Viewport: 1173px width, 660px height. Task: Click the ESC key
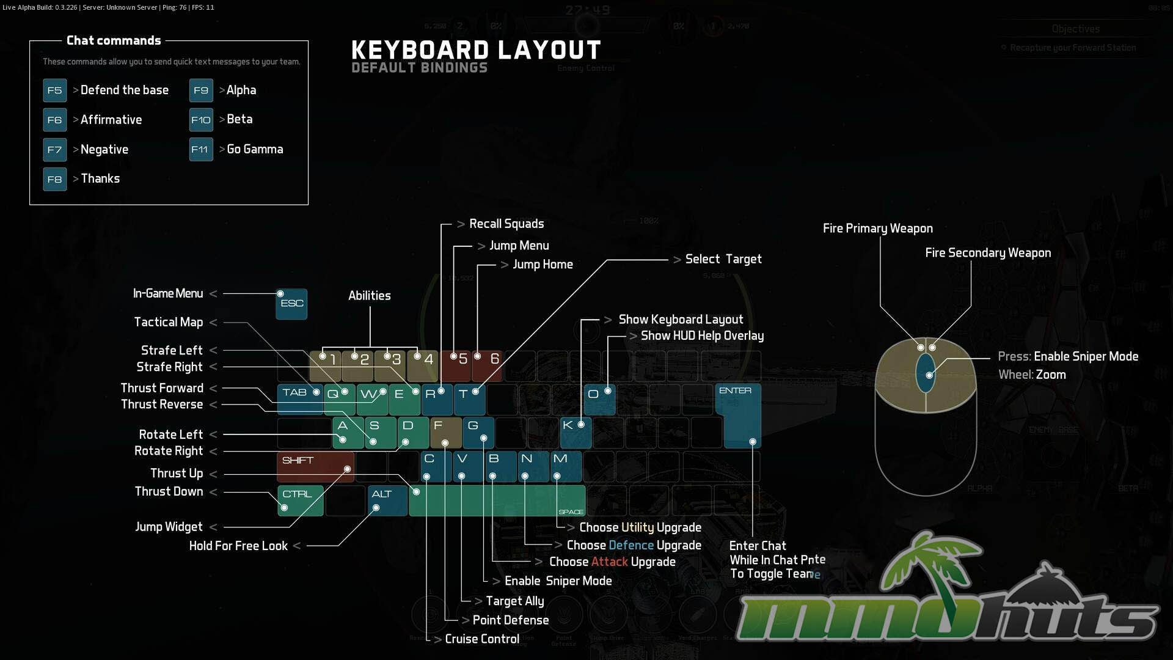tap(291, 304)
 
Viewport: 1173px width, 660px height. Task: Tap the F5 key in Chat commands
tap(54, 90)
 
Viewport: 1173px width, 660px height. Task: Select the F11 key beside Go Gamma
tap(200, 149)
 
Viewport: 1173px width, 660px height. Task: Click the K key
tap(575, 431)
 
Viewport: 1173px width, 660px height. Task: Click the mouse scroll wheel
tap(926, 373)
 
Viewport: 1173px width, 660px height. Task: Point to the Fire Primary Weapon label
tap(877, 229)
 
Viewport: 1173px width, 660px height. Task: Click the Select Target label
tap(723, 259)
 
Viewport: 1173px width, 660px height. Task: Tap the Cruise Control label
tap(482, 639)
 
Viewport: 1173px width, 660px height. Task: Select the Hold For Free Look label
tap(238, 546)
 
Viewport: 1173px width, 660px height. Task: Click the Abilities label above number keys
tap(370, 296)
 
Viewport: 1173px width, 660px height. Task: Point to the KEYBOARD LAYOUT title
tap(476, 50)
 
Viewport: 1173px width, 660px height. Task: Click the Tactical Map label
tap(169, 322)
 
